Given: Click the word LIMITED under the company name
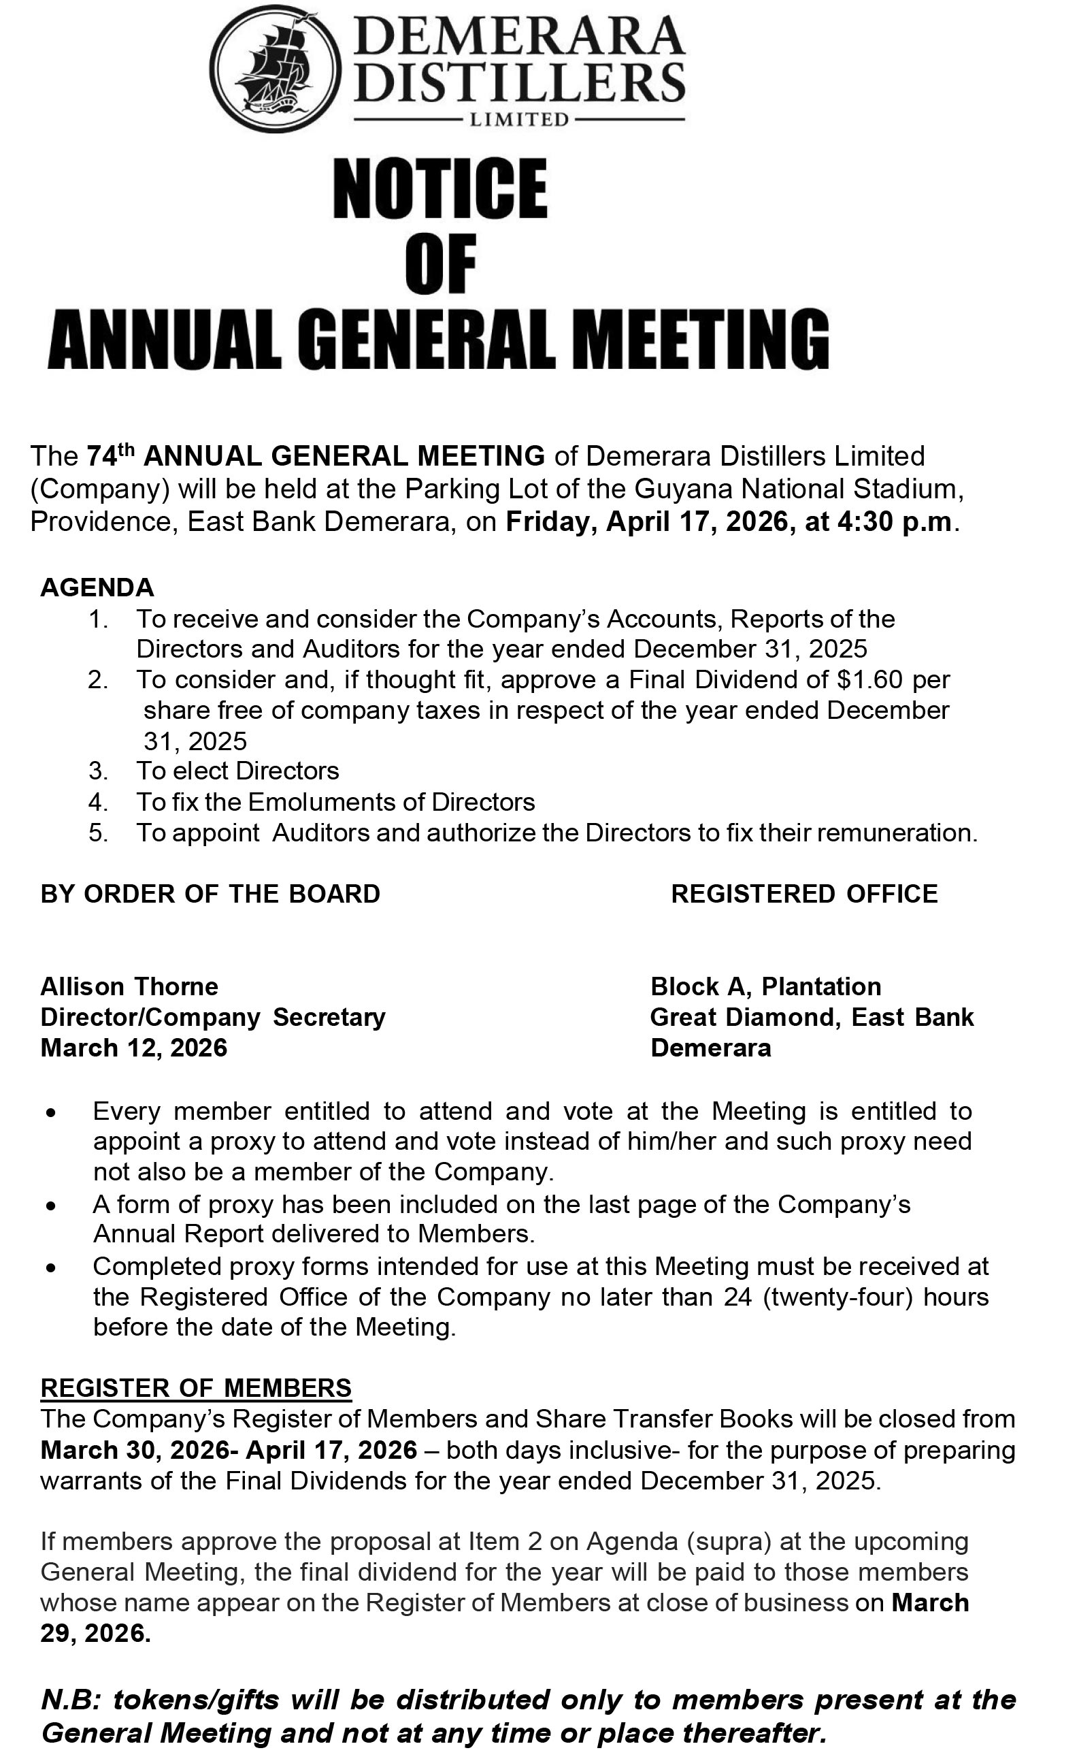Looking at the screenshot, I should tap(518, 120).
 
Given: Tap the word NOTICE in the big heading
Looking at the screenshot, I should tap(439, 189).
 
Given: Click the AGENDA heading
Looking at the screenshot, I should tap(97, 587).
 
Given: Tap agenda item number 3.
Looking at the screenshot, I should tap(98, 771).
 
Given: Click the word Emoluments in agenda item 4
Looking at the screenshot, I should tap(336, 802).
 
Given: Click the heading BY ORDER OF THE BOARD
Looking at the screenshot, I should tap(210, 894).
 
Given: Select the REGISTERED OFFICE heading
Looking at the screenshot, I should tap(804, 894).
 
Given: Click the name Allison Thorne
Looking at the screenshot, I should tap(129, 986).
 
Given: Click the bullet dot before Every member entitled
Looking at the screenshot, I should tap(50, 1114).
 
